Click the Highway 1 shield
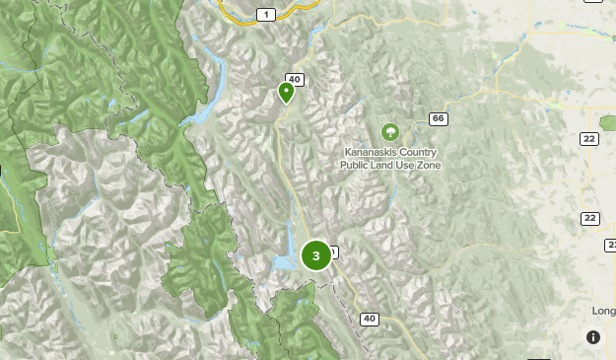[x=265, y=14]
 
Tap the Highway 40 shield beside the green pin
[x=294, y=80]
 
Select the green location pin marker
[x=286, y=93]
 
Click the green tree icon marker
[x=390, y=131]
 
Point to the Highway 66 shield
[x=439, y=119]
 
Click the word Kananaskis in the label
[x=371, y=153]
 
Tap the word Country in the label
[x=418, y=153]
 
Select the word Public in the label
[x=356, y=165]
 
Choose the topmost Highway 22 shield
[x=589, y=139]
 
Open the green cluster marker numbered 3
[x=315, y=256]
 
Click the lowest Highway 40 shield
[x=369, y=319]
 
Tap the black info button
[x=592, y=337]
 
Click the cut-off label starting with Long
[x=603, y=312]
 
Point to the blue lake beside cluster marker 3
[x=285, y=259]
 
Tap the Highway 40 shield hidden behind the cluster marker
[x=334, y=252]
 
